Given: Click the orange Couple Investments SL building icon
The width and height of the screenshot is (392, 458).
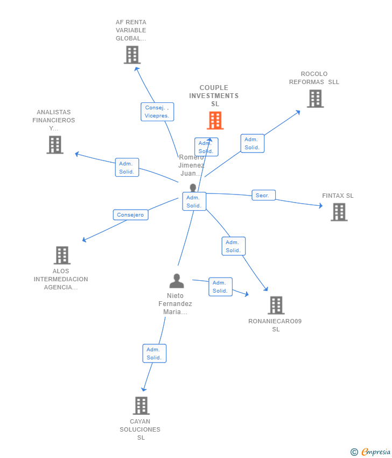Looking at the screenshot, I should [x=215, y=120].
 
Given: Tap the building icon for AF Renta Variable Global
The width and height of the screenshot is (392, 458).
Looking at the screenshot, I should [x=132, y=55].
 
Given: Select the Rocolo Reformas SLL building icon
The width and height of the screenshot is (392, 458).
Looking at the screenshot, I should [x=315, y=99].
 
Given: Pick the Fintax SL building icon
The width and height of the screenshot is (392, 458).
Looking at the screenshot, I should [x=339, y=212].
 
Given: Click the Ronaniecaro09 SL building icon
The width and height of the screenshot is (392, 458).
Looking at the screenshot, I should [x=276, y=306].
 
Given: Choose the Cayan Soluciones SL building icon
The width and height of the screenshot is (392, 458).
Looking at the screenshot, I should [x=141, y=406].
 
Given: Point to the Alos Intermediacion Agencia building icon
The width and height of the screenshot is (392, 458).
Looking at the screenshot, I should [x=62, y=255].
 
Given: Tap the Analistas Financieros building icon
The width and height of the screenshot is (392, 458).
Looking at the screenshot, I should [x=55, y=145].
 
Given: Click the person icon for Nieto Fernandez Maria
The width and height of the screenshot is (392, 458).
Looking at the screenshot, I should [x=177, y=281].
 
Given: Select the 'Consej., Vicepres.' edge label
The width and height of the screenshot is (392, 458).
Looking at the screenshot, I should [x=157, y=112].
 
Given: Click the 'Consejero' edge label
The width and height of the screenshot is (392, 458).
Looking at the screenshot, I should [x=130, y=215].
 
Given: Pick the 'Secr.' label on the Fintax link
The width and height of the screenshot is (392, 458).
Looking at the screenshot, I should [x=263, y=195].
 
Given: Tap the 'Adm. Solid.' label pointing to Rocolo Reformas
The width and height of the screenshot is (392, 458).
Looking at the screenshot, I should [x=252, y=143].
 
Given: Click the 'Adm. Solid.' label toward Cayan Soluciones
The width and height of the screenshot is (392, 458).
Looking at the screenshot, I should [x=154, y=353].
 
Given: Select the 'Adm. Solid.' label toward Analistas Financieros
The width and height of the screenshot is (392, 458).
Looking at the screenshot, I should [x=127, y=168].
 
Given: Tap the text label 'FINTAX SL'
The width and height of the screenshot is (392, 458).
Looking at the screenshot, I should [x=338, y=196].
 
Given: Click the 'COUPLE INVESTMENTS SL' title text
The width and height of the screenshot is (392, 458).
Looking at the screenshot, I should [x=214, y=95].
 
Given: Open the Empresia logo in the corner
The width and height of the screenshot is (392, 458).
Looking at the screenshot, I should [x=372, y=452].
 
